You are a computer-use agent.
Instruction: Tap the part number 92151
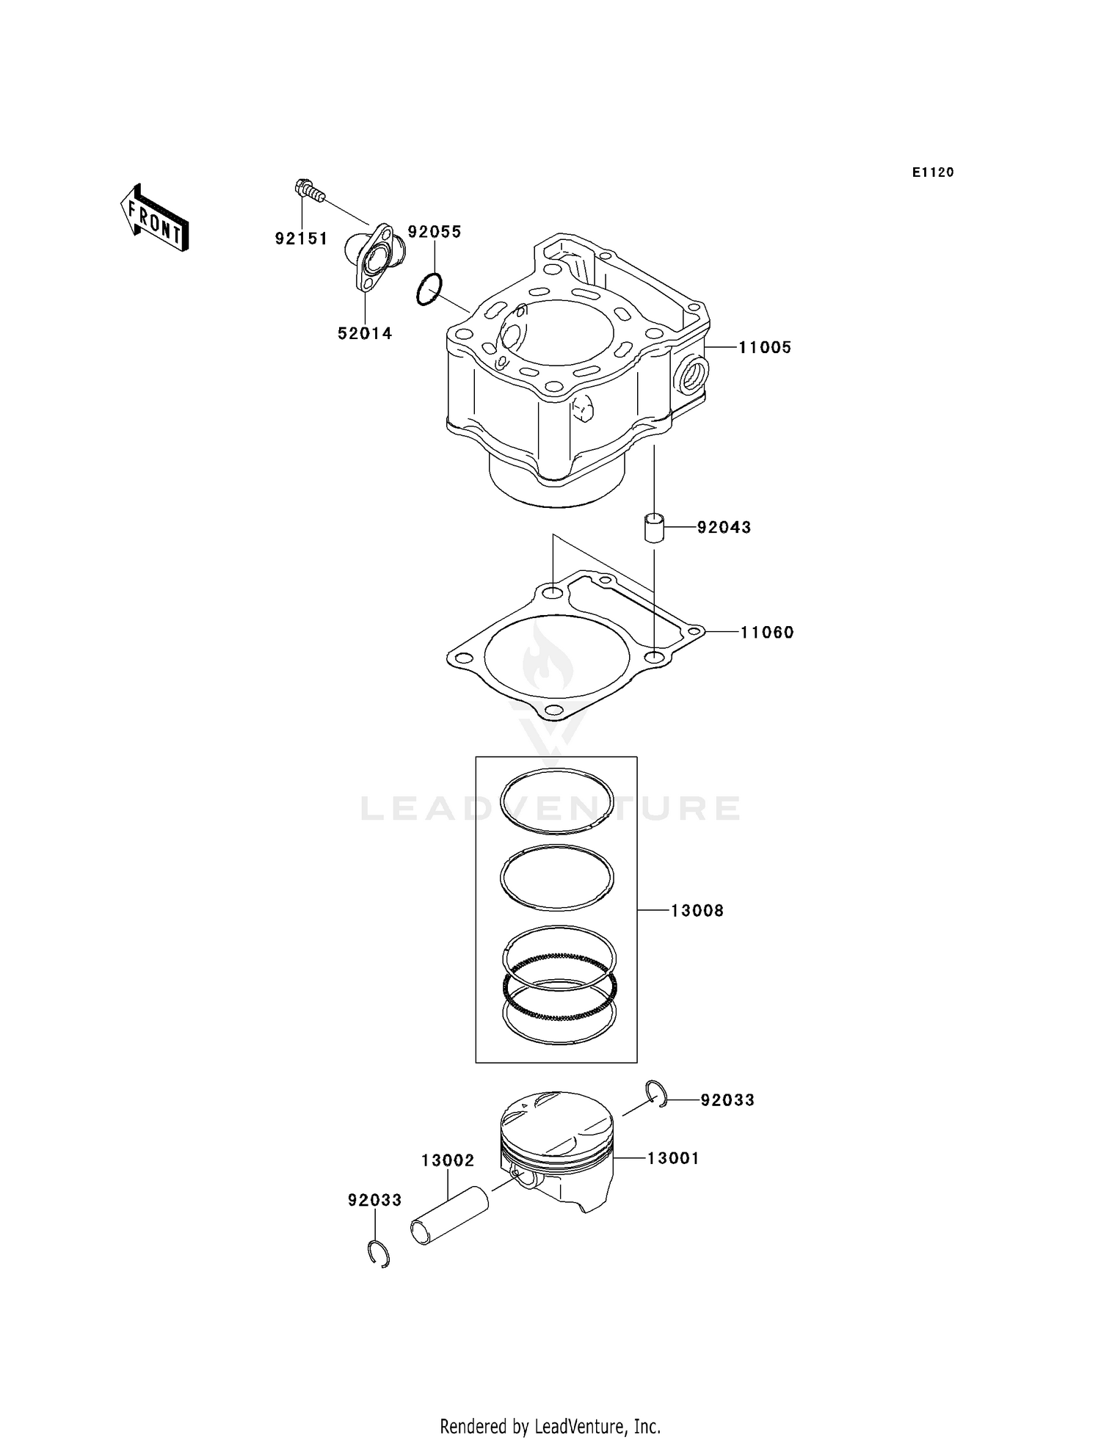(x=301, y=239)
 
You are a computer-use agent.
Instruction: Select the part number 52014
(x=365, y=333)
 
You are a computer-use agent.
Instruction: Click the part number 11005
(x=765, y=347)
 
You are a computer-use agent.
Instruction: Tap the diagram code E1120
(x=933, y=172)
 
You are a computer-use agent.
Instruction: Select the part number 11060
(x=766, y=632)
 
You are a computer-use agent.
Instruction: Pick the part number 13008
(x=697, y=910)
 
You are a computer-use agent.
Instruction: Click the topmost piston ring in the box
(x=556, y=801)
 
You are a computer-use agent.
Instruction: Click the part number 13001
(x=672, y=1158)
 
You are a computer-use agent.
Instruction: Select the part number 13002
(x=448, y=1160)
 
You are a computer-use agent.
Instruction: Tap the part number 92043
(x=724, y=527)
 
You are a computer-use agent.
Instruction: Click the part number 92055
(x=435, y=232)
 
